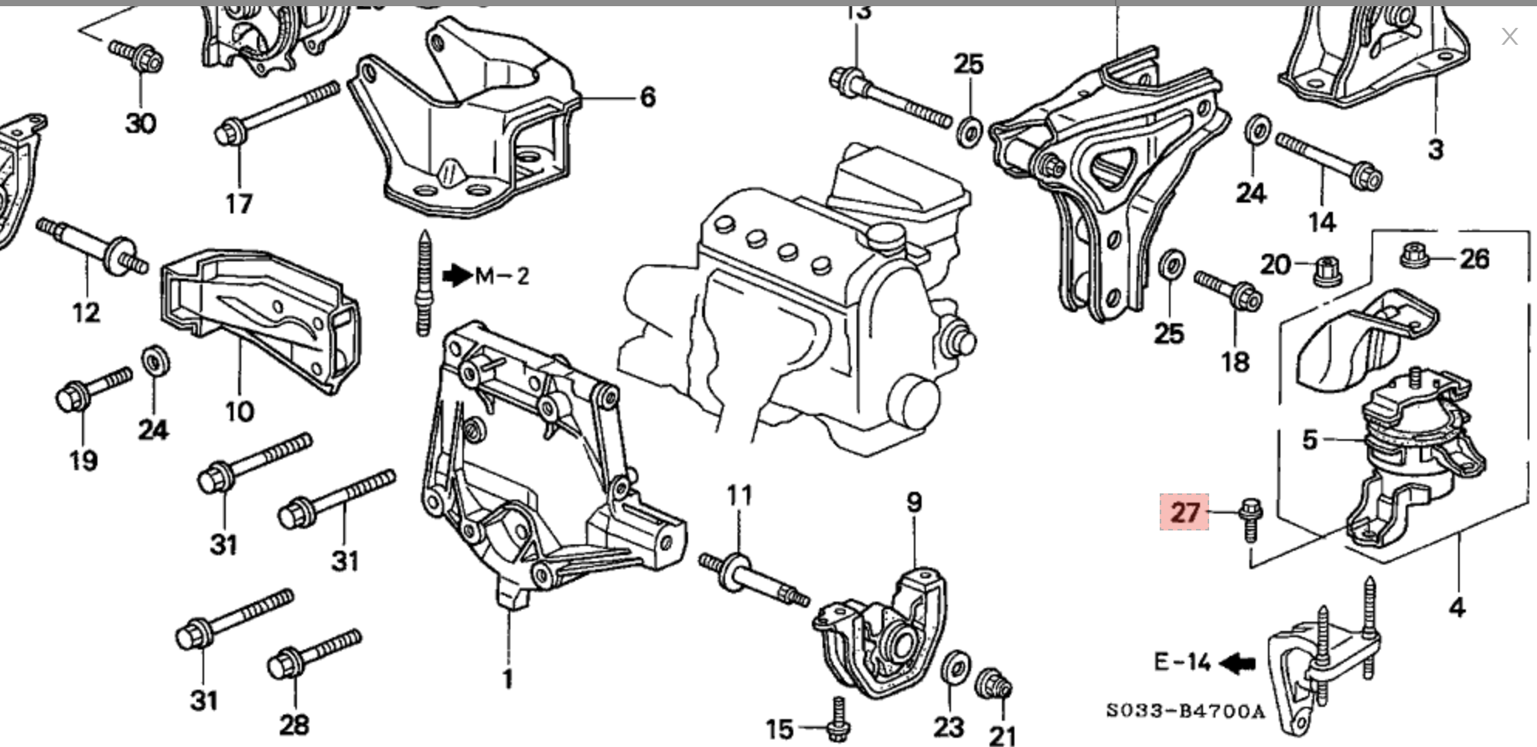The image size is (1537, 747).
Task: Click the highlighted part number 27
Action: (x=1184, y=512)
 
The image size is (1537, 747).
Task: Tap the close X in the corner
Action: (x=1509, y=36)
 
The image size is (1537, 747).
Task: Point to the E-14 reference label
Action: (x=1182, y=662)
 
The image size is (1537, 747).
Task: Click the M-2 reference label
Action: (x=502, y=276)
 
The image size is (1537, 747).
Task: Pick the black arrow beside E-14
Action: (x=1238, y=663)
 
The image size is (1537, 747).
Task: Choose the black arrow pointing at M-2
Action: (x=458, y=275)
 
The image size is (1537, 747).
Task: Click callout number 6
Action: (x=648, y=97)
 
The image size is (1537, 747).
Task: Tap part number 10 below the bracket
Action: (x=239, y=411)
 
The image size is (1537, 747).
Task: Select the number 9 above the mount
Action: (x=914, y=503)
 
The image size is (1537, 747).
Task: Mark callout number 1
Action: (x=508, y=679)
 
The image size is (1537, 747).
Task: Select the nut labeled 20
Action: (x=1327, y=271)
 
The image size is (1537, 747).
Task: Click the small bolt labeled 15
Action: (x=837, y=718)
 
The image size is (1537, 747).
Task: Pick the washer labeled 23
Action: (x=957, y=667)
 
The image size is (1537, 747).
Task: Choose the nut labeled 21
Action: (x=993, y=684)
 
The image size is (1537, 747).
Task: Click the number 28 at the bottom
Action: (x=294, y=725)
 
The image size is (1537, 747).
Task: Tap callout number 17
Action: (x=239, y=203)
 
